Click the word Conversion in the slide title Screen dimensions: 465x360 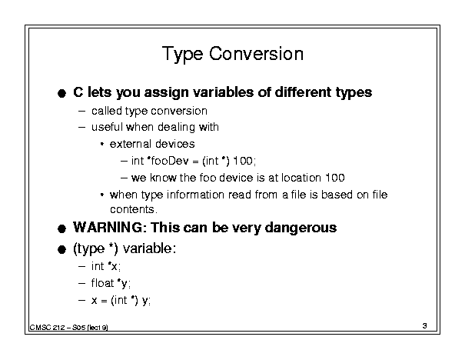click(256, 54)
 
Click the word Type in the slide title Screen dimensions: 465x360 click(183, 55)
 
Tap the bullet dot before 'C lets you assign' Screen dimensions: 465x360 click(61, 94)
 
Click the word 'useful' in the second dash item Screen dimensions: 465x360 click(107, 127)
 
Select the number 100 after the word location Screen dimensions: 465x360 click(335, 178)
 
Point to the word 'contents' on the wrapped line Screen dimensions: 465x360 click(132, 209)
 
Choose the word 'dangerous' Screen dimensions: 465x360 click(301, 228)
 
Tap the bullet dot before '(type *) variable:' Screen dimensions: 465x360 click(61, 249)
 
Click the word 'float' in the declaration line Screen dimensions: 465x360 click(103, 283)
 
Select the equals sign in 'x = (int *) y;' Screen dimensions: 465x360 click(104, 301)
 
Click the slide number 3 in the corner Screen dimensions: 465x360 click(425, 325)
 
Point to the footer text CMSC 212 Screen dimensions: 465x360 click(47, 328)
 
